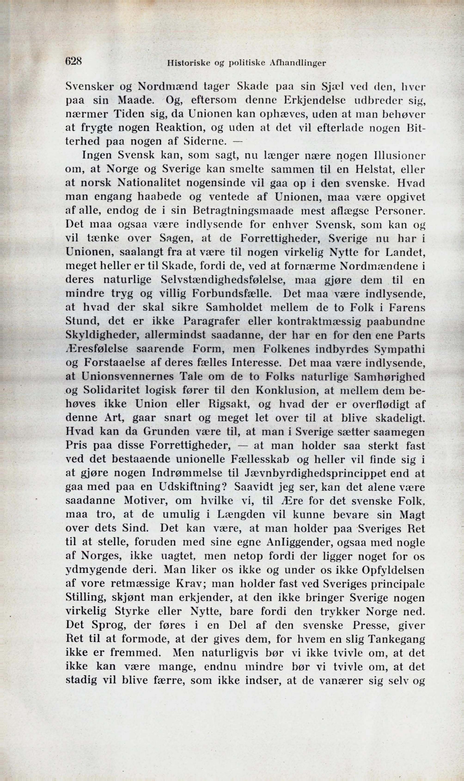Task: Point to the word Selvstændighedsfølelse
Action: point(223,280)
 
